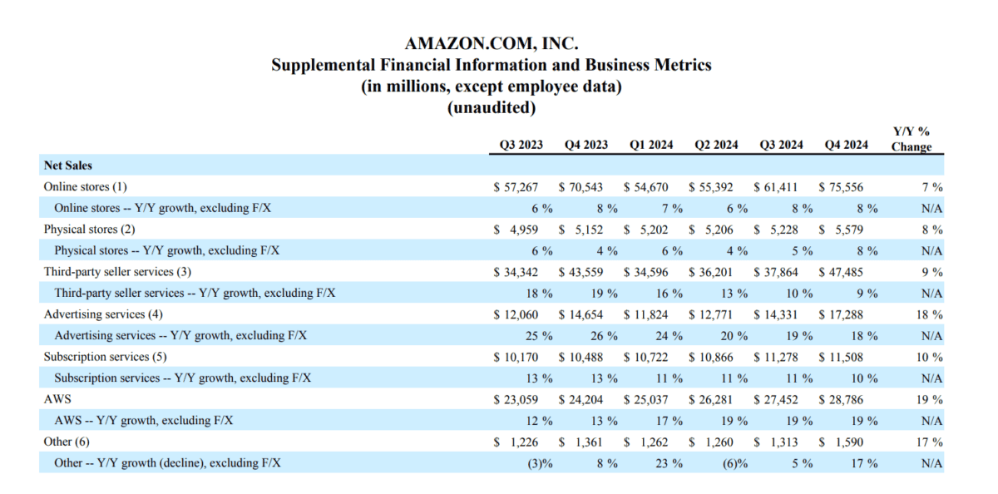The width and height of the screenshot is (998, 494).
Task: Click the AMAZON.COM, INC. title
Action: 492,42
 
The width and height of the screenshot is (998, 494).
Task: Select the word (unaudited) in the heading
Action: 492,107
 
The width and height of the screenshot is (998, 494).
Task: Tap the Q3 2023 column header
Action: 521,145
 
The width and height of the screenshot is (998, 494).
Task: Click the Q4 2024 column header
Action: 846,145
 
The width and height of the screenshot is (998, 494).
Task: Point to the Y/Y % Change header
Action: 912,139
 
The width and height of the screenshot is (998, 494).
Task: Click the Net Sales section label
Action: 68,165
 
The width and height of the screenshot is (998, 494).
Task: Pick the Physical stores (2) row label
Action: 89,229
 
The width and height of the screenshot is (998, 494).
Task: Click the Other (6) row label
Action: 66,442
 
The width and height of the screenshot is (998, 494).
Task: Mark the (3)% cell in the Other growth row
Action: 542,463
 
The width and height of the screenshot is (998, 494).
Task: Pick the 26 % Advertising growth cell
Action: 605,336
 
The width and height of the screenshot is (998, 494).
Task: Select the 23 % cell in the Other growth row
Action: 669,463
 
